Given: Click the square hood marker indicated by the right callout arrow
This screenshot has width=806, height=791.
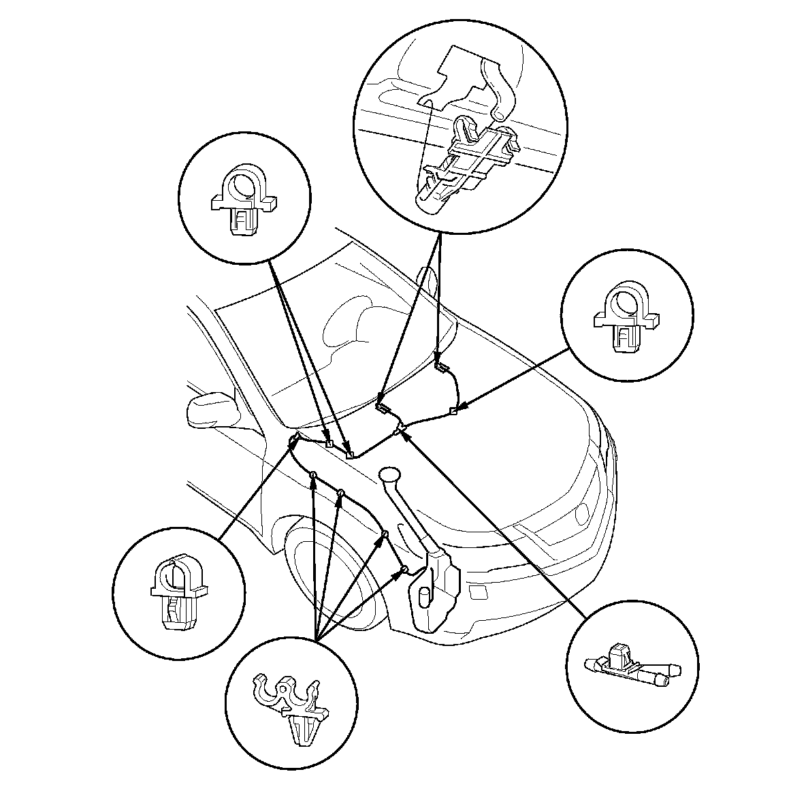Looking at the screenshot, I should click(454, 411).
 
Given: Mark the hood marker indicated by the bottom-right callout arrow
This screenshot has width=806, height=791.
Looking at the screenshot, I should click(401, 428).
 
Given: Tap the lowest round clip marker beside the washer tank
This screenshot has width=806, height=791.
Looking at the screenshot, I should click(404, 568).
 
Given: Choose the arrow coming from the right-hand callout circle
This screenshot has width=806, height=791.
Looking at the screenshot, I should click(517, 378).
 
